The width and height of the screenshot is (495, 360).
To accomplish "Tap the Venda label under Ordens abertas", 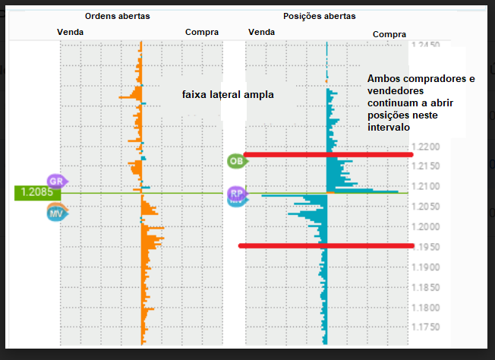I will click(x=71, y=32).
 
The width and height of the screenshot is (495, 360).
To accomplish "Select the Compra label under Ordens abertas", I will click(x=201, y=32).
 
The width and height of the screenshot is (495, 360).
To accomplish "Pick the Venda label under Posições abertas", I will click(x=261, y=32).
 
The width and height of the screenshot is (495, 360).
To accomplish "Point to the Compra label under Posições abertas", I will click(x=389, y=34).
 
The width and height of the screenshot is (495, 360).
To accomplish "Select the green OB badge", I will click(x=236, y=161).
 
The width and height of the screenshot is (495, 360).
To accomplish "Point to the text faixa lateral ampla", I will click(x=227, y=95).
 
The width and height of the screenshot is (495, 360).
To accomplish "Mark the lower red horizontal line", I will click(x=326, y=245).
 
